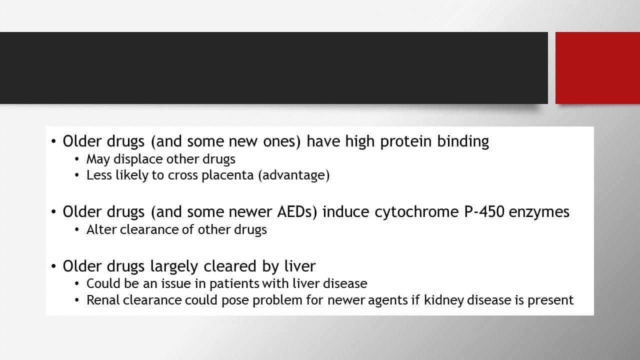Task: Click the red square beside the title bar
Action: point(597,68)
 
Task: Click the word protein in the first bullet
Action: point(405,141)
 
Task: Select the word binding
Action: point(463,141)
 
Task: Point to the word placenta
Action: point(227,175)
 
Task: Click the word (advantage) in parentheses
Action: point(294,175)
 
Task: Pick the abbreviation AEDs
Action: point(297,212)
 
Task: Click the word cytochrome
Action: point(416,212)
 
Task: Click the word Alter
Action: point(101,229)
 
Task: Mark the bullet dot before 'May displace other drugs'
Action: point(76,159)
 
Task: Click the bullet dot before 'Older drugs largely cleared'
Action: point(53,266)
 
